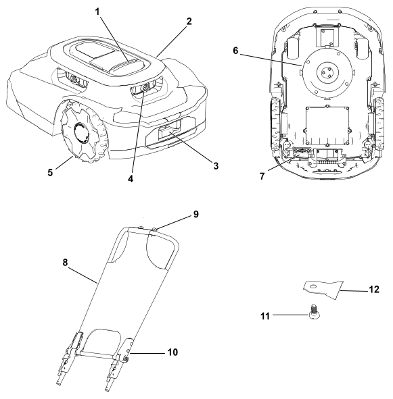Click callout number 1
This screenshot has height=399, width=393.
click(x=97, y=11)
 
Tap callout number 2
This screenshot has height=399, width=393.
click(x=189, y=22)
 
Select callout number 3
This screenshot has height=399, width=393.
click(x=216, y=166)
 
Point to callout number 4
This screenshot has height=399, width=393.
click(x=131, y=179)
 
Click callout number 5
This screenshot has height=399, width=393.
click(x=50, y=172)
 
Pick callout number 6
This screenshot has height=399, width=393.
click(x=235, y=51)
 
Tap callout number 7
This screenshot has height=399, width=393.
click(x=262, y=176)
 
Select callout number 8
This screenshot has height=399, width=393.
click(x=66, y=263)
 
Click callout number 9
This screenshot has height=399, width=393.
click(x=195, y=214)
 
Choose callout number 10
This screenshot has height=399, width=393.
click(x=172, y=352)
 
